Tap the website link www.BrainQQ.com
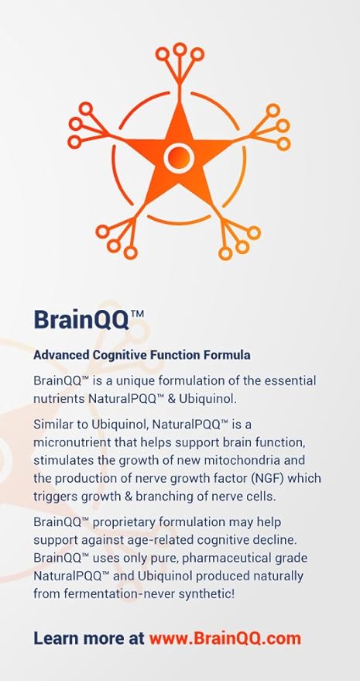(x=225, y=638)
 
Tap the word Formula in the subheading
(x=228, y=355)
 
